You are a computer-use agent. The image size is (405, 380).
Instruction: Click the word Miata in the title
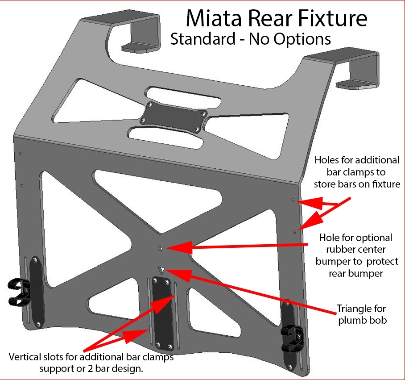[213, 19]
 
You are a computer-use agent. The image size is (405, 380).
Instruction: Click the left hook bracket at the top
[134, 33]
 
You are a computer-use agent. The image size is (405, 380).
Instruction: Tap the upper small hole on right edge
[293, 200]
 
